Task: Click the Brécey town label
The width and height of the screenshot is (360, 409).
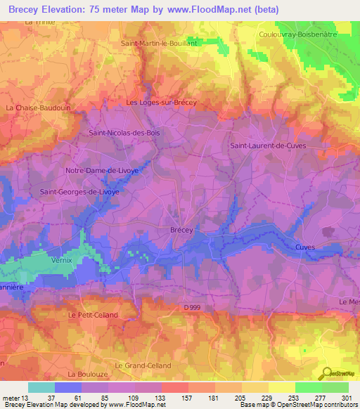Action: click(x=182, y=230)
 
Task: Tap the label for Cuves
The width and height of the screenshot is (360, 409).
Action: click(x=305, y=247)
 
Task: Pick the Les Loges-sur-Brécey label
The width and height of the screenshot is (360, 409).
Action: click(x=161, y=103)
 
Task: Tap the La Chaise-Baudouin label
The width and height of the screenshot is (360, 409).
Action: click(x=34, y=108)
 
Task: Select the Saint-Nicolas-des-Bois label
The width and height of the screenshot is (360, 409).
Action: click(x=124, y=131)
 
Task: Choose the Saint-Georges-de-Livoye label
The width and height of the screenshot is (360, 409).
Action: click(x=79, y=191)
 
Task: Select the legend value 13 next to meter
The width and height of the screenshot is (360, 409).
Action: click(x=27, y=398)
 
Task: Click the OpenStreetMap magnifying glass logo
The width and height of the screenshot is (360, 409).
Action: click(x=326, y=373)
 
